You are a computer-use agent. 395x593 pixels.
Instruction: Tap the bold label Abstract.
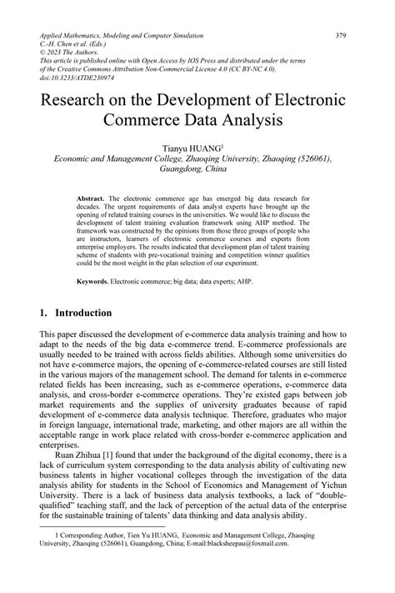[90, 198]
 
